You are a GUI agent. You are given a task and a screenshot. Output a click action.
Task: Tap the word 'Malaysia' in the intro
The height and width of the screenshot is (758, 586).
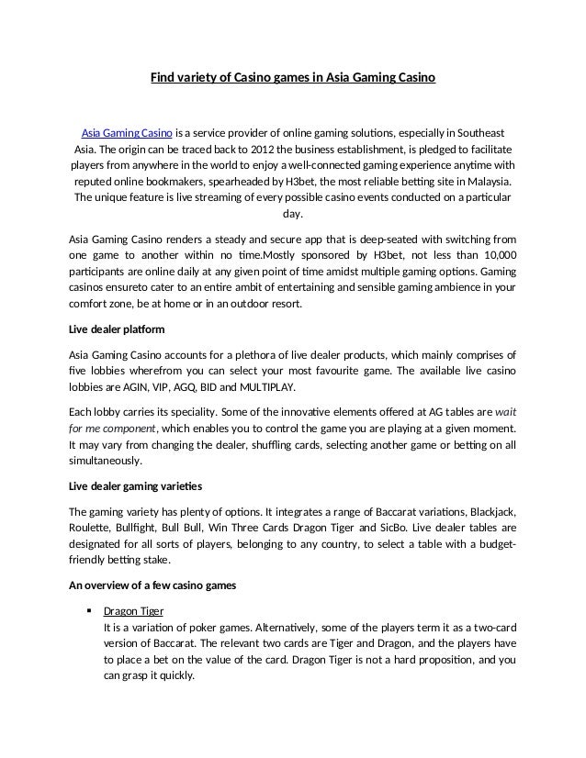pos(488,183)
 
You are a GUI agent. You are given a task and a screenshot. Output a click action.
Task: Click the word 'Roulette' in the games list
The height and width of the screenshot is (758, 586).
pos(91,528)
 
